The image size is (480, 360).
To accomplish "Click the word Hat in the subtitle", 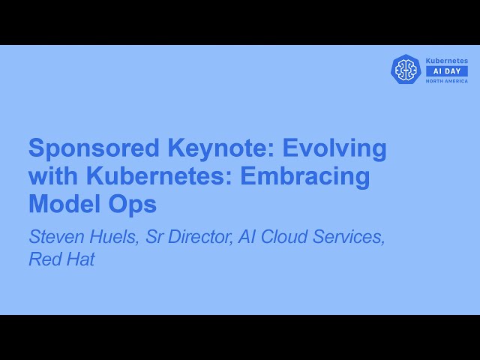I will point(79,259).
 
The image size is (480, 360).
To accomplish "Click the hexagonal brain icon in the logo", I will point(406,69).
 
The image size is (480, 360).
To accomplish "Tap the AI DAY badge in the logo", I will point(446,70).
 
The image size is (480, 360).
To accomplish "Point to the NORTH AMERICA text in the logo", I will point(446,81).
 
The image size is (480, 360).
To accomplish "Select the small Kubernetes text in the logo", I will point(446,61).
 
